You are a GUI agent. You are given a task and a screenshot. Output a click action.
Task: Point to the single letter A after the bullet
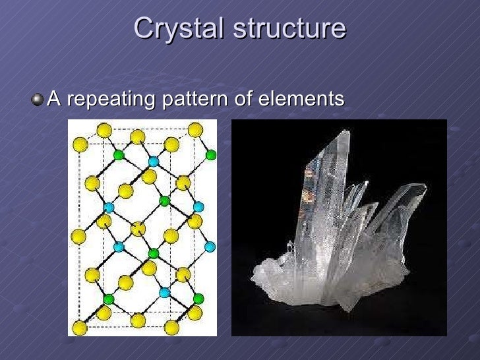55,100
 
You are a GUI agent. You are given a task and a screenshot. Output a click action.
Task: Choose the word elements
301,100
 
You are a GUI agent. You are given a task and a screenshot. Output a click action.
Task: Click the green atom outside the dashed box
211,156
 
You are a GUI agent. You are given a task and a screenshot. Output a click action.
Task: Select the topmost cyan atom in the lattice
154,162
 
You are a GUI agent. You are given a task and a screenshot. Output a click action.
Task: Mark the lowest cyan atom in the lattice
164,292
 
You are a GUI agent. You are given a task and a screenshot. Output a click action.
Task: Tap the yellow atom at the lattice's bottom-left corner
79,327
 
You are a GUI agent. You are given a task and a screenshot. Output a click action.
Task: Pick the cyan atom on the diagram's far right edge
210,247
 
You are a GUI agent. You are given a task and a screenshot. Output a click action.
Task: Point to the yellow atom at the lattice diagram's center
138,229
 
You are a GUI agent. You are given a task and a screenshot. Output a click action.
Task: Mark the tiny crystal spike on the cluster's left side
290,247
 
